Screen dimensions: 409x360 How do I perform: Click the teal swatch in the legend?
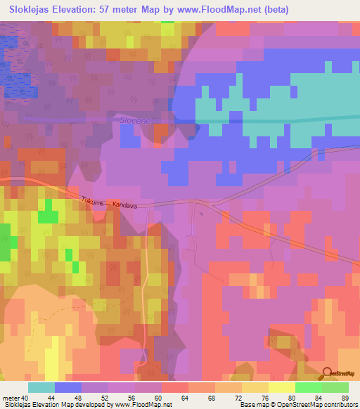tap(41, 387)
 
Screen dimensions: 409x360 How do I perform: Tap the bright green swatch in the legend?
tap(308, 387)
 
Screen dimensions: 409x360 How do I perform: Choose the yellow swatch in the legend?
tap(281, 387)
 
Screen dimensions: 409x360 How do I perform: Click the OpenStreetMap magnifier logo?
tap(328, 374)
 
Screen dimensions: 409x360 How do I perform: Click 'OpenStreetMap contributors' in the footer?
tap(321, 405)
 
